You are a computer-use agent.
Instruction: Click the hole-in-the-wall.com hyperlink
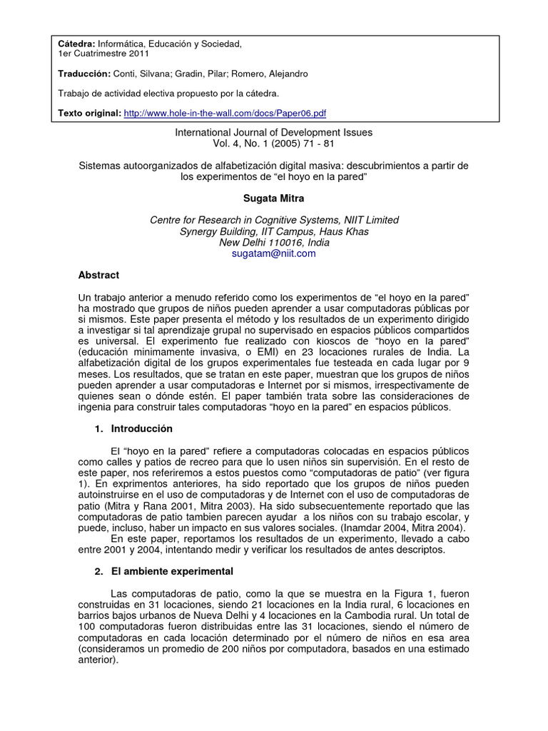click(x=225, y=113)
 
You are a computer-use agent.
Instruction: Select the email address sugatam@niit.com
click(x=274, y=253)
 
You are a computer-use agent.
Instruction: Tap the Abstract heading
click(x=98, y=275)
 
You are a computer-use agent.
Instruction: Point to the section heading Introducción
click(x=141, y=429)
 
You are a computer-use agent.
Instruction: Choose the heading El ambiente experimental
click(x=171, y=572)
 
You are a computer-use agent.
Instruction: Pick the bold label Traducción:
click(x=84, y=74)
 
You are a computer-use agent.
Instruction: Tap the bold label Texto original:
click(x=89, y=113)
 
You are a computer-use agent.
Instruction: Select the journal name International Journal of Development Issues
click(x=274, y=132)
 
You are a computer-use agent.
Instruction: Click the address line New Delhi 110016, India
click(x=274, y=242)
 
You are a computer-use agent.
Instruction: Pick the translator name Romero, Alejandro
click(x=279, y=74)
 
